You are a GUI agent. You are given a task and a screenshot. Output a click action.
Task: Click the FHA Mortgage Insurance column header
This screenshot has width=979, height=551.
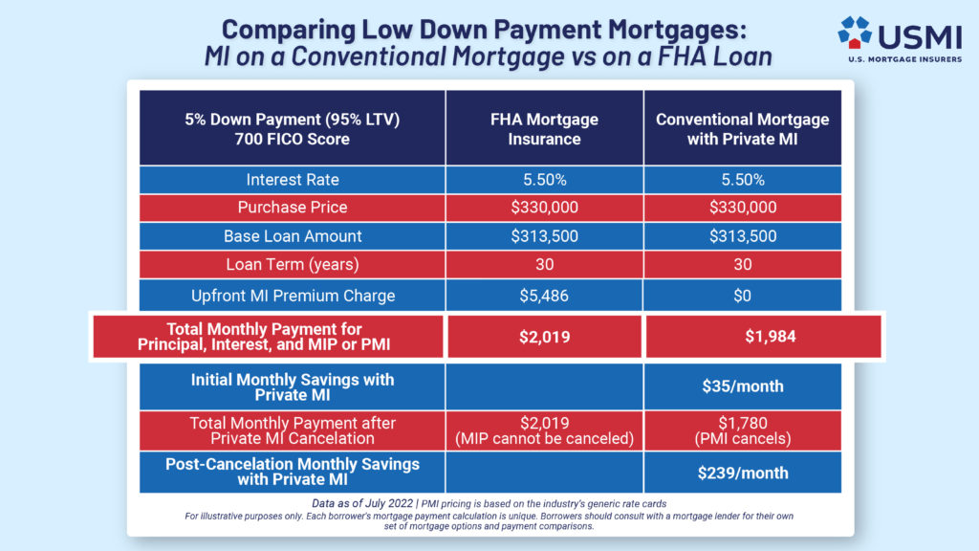point(543,129)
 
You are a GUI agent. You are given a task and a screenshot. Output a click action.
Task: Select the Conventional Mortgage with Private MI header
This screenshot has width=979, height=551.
point(742,129)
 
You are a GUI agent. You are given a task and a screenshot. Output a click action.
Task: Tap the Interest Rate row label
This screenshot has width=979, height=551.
point(293,180)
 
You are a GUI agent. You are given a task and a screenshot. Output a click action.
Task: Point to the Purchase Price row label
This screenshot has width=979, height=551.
point(293,208)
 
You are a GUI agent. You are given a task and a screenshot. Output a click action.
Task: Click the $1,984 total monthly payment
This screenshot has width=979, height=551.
point(742,336)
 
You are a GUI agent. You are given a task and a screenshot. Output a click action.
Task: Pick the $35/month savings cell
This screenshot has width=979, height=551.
point(742,386)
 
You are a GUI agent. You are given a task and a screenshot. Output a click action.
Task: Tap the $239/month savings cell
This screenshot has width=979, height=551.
point(742,472)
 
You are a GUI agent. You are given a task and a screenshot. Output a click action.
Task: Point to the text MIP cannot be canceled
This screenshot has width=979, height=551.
point(543,439)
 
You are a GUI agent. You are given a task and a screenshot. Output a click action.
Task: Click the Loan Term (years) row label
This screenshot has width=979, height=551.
point(293,265)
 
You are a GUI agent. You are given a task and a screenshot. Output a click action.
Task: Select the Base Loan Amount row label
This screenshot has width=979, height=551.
point(293,236)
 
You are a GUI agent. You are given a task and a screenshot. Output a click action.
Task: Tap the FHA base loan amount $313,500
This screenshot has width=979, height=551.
point(543,236)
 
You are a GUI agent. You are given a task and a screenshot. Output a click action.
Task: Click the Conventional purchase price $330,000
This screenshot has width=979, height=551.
point(742,208)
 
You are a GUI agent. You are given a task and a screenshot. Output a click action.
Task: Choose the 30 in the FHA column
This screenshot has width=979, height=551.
point(543,265)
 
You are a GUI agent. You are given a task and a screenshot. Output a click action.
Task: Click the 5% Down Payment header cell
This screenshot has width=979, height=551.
point(293,129)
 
